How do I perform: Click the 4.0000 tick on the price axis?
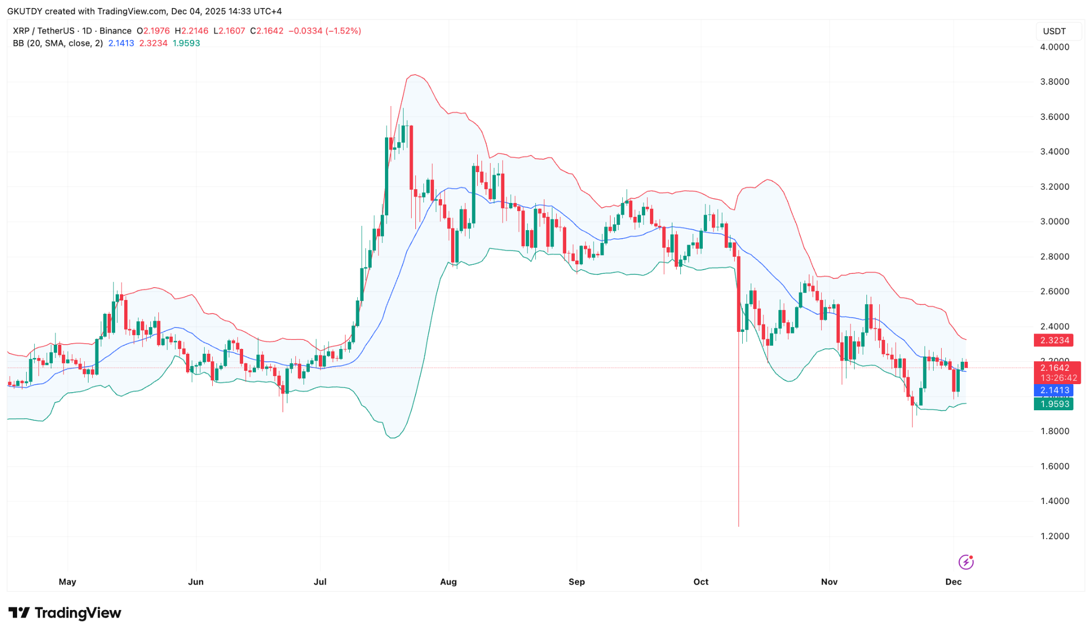[x=1054, y=47]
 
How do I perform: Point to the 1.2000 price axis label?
[x=1054, y=536]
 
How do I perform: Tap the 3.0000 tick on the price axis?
[x=1054, y=222]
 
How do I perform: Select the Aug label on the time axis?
[x=448, y=582]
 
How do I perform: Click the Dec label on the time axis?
[x=953, y=582]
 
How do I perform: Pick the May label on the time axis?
[x=67, y=582]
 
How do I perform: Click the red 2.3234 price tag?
[x=1054, y=340]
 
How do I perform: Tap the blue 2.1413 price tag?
[x=1054, y=390]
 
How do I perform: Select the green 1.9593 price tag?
[x=1054, y=404]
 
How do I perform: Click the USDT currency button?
[x=1054, y=31]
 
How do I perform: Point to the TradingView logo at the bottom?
[x=65, y=613]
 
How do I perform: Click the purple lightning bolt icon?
[x=966, y=562]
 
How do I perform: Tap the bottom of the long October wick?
[x=738, y=526]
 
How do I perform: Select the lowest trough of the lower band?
[x=393, y=438]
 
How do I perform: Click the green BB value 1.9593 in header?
[x=186, y=43]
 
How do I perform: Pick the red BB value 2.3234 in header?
[x=154, y=43]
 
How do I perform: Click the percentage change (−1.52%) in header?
[x=343, y=31]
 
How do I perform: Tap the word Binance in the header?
[x=115, y=31]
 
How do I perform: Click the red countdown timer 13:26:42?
[x=1058, y=378]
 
